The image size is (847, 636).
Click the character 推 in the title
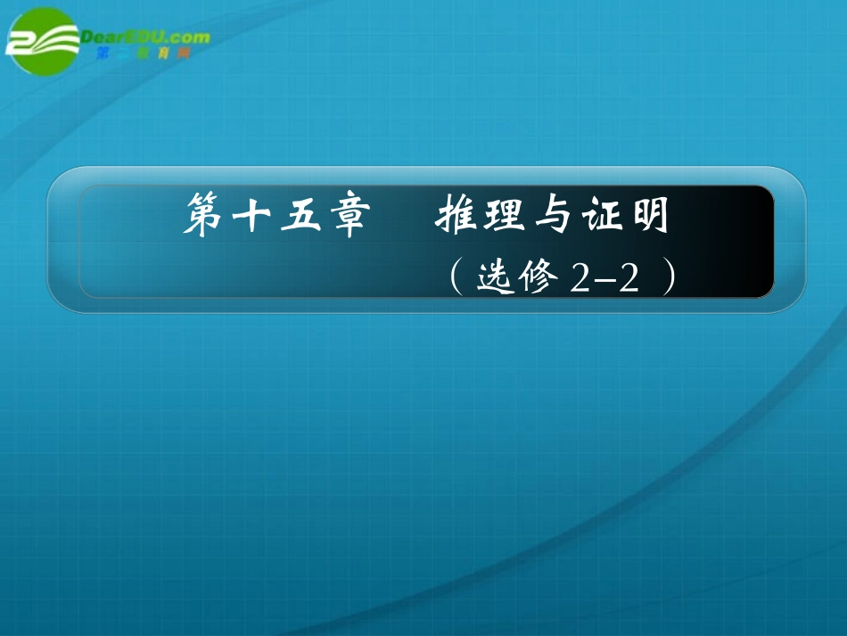(x=455, y=218)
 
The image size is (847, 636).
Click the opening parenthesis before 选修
(x=455, y=278)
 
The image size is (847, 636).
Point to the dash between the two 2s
(x=604, y=282)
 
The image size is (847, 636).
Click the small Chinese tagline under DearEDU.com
(x=143, y=54)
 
